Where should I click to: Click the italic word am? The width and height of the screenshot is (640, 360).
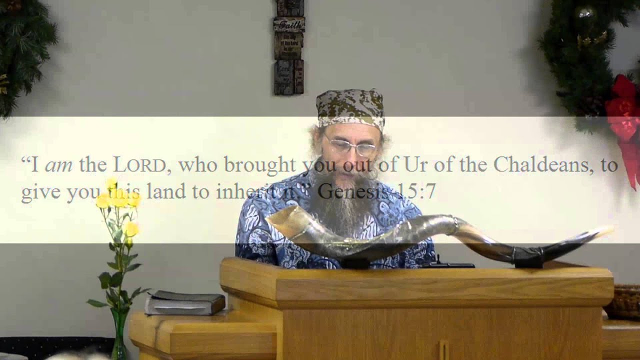point(58,165)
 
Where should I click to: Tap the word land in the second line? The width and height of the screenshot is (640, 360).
point(165,191)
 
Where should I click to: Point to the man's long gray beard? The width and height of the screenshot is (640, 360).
point(345,200)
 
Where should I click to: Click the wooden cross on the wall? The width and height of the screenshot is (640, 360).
point(288,47)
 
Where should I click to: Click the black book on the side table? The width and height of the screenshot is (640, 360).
point(184,302)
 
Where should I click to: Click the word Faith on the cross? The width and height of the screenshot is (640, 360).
point(288,23)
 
